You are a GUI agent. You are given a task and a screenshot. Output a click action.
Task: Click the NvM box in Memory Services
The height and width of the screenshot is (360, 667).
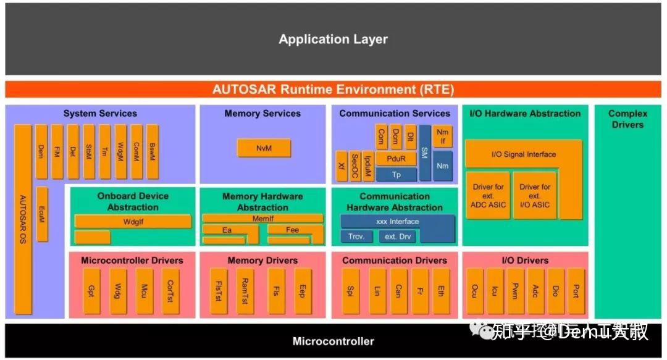263,148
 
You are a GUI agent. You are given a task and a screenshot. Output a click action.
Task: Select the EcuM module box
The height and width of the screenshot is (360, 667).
42,212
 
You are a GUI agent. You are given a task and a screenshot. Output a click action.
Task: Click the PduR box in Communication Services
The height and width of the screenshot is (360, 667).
396,159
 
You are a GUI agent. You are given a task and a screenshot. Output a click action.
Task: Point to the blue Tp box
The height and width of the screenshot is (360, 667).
396,174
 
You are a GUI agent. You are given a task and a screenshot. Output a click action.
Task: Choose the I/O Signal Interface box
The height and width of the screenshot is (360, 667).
523,154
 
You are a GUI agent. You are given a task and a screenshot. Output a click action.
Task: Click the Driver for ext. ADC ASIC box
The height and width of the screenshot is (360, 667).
488,196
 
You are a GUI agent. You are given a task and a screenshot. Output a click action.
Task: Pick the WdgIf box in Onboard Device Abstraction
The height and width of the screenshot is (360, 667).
133,221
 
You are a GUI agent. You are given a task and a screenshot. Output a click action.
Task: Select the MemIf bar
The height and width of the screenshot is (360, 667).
262,218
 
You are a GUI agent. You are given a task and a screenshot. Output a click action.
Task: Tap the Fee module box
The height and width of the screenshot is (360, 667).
292,230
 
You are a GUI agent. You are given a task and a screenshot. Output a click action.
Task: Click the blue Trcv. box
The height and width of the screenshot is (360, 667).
356,237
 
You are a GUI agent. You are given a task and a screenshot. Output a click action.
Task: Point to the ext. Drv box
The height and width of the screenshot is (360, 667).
399,237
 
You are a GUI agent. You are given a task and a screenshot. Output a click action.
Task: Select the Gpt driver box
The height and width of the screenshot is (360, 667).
91,290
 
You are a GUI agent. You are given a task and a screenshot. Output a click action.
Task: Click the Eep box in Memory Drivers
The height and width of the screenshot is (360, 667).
303,290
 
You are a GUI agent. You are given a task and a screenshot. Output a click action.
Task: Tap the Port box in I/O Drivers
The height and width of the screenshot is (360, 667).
576,290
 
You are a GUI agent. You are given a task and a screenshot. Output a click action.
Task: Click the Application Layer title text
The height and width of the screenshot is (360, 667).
333,40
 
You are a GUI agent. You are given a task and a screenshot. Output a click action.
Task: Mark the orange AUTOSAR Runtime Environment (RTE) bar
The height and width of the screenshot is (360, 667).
333,89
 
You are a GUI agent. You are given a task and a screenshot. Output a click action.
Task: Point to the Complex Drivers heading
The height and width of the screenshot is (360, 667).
627,119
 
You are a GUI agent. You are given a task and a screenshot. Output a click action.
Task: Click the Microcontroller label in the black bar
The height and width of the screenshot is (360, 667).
333,341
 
